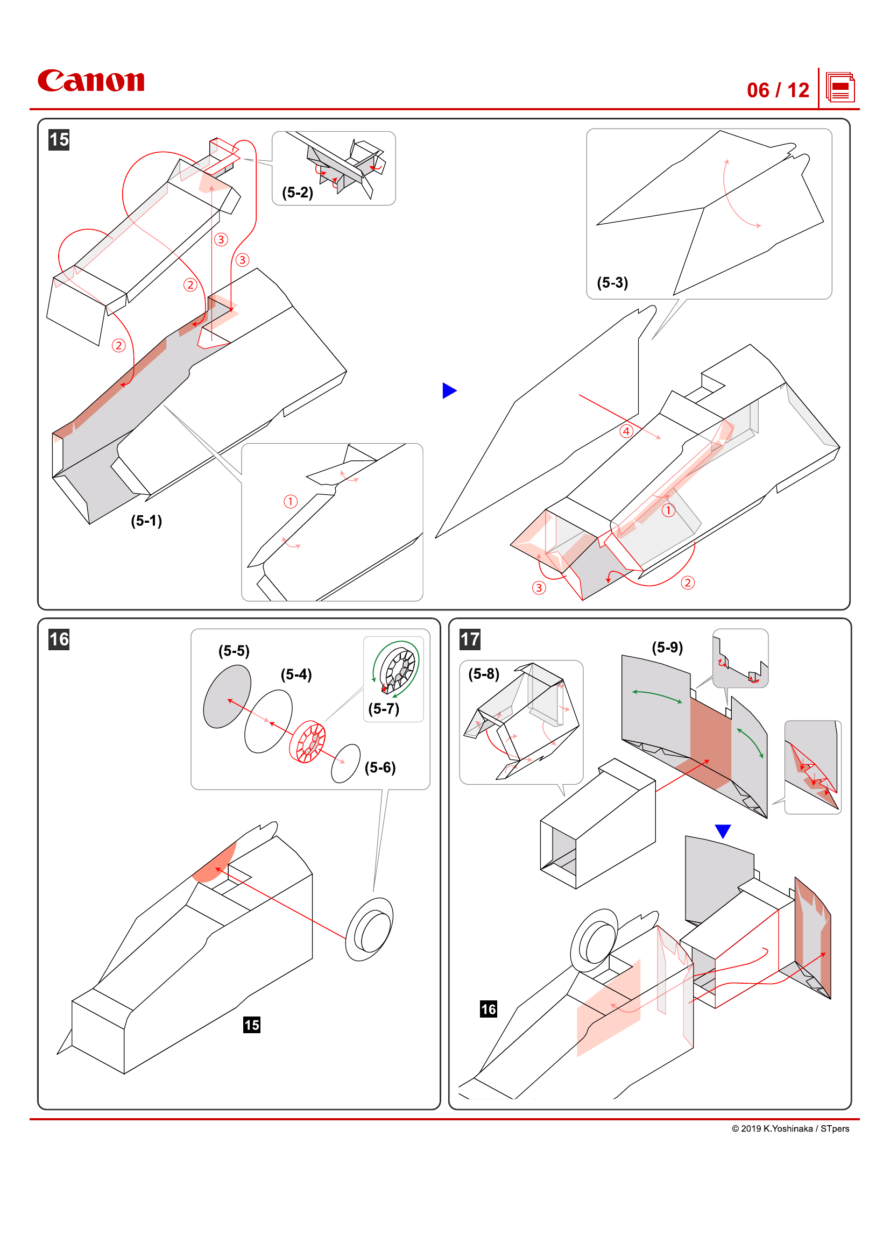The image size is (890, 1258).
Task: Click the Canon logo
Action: click(91, 81)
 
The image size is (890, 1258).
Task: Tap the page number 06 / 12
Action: click(777, 90)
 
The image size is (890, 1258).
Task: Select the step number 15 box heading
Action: click(59, 140)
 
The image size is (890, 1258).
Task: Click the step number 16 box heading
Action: click(59, 639)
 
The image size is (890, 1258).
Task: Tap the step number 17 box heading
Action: click(470, 639)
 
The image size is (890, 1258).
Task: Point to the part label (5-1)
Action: click(146, 521)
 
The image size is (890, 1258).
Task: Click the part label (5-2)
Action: click(298, 193)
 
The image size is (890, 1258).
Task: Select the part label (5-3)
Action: click(612, 283)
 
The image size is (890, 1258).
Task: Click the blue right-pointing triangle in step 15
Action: click(449, 390)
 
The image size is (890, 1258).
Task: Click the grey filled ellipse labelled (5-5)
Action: click(227, 696)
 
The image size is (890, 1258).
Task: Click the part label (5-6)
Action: click(380, 767)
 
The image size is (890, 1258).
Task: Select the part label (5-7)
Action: click(384, 709)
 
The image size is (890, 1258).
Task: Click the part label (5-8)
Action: click(483, 674)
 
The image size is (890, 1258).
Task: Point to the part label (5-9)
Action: click(667, 648)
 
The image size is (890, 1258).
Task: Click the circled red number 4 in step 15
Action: click(626, 431)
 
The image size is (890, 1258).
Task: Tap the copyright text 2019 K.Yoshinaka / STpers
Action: click(790, 1129)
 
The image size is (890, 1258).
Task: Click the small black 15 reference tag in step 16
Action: click(251, 1025)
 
